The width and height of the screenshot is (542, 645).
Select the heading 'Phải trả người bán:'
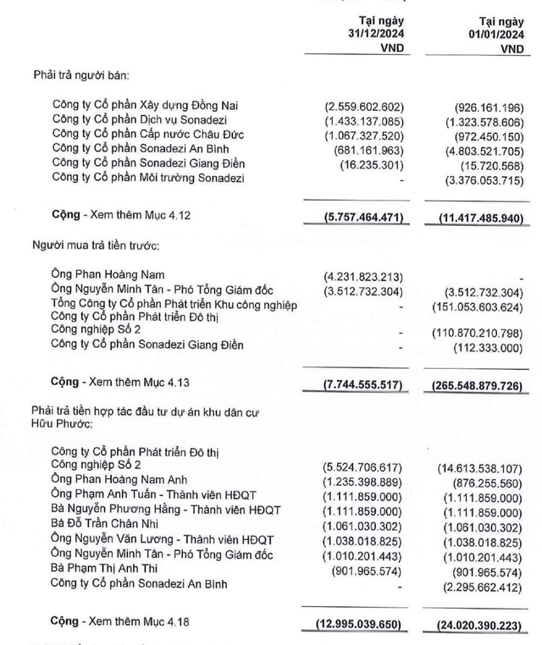pos(81,77)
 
